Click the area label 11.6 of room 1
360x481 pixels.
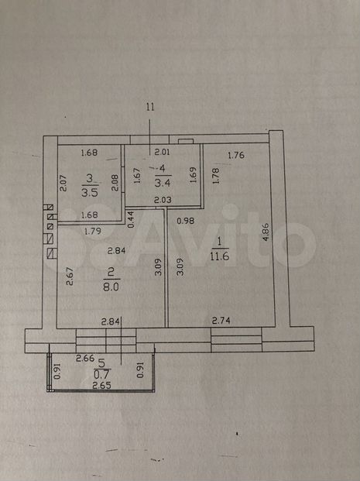pos(220,256)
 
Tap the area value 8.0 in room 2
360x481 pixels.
pos(111,287)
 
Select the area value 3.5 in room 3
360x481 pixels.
pos(90,192)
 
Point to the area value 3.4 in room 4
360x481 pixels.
pos(163,183)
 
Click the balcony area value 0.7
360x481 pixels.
pos(102,375)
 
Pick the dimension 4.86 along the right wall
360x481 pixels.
pos(266,232)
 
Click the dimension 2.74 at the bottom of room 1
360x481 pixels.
pos(221,321)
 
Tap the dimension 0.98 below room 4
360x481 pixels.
pos(186,221)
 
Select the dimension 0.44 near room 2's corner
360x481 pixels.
pos(131,219)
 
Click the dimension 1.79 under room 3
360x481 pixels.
pos(93,231)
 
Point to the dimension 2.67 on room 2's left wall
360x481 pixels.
pos(70,277)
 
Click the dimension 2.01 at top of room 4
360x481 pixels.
pos(163,152)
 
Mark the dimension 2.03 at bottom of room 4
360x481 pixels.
pos(163,200)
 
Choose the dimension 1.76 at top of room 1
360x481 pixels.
pos(236,155)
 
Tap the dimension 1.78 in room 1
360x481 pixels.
pos(216,176)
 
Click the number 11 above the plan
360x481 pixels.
pos(150,107)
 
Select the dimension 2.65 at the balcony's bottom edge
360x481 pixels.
pos(101,385)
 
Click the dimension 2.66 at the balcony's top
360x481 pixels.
pos(85,358)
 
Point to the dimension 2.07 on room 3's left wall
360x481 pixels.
pos(63,183)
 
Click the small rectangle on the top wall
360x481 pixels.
pos(186,141)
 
